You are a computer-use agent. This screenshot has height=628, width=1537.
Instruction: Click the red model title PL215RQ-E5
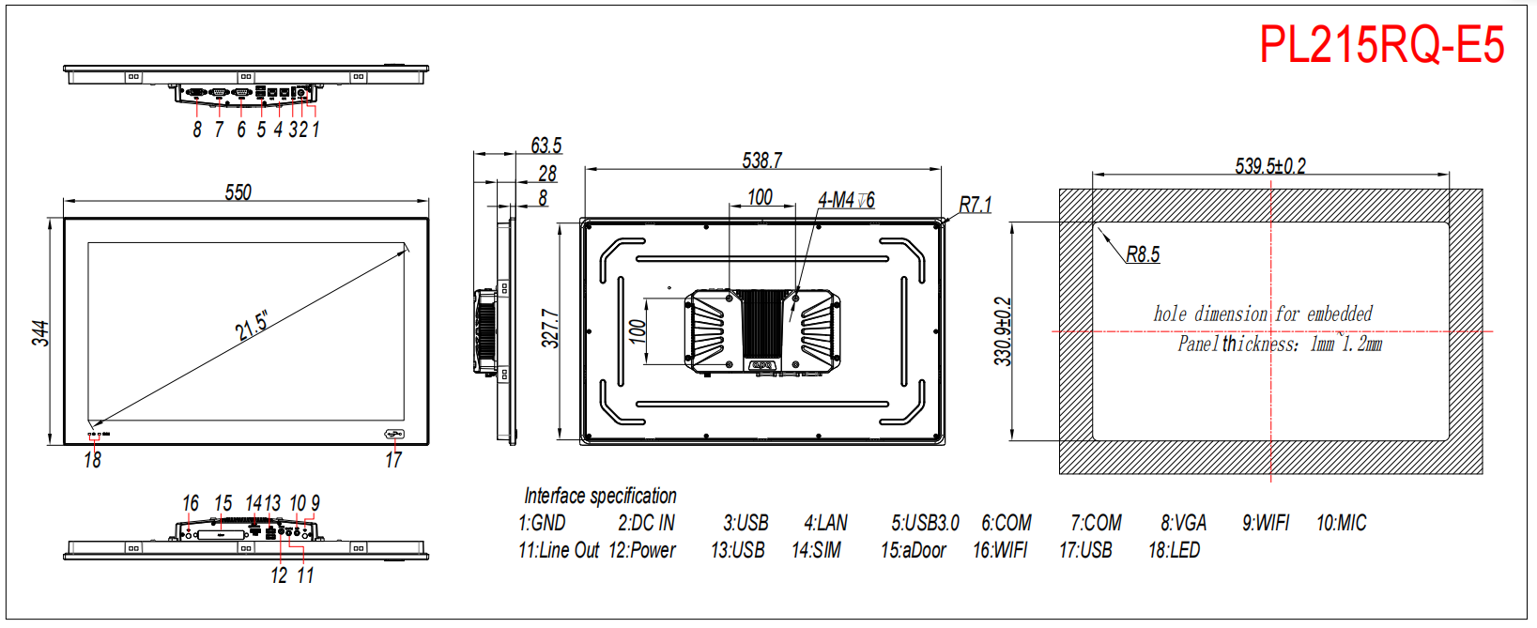coord(1382,45)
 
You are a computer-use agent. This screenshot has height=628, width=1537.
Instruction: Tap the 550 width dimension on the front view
coord(238,192)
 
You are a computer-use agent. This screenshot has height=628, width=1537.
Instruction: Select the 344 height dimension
coord(40,333)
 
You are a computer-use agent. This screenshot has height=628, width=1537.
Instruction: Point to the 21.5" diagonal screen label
coord(252,326)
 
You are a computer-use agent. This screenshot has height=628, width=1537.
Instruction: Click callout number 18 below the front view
coord(93,460)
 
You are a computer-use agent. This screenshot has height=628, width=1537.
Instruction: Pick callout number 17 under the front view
coord(393,460)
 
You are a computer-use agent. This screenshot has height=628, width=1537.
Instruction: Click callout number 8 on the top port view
coord(197,130)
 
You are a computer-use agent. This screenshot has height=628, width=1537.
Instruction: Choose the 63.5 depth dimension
coord(546,146)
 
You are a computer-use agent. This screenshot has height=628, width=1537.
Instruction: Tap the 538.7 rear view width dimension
coord(761,161)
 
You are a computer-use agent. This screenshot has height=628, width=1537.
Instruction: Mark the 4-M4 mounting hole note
coord(846,200)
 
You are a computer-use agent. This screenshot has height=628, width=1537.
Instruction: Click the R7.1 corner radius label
coord(975,205)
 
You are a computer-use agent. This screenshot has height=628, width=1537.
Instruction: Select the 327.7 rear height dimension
coord(550,328)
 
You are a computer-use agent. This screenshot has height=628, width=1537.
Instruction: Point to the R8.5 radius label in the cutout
coord(1144,254)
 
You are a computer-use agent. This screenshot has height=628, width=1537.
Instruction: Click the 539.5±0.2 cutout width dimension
coord(1270,166)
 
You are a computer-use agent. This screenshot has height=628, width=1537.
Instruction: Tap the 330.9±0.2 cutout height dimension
coord(1003,330)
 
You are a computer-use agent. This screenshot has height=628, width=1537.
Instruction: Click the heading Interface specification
coord(600,496)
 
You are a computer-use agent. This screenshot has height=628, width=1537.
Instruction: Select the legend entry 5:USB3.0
coord(925,523)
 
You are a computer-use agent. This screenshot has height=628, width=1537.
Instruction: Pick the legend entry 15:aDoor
coord(914,550)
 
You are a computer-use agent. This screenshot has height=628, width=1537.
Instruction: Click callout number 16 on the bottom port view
coord(190,503)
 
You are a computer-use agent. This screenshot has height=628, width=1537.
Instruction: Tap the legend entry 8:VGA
coord(1184,523)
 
